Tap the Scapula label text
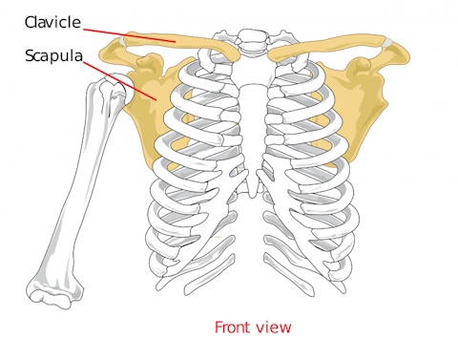(53, 57)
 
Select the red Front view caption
(252, 328)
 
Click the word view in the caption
(275, 328)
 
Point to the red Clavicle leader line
(134, 33)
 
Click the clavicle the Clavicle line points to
(177, 43)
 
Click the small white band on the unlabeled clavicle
(389, 42)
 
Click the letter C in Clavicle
(32, 21)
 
